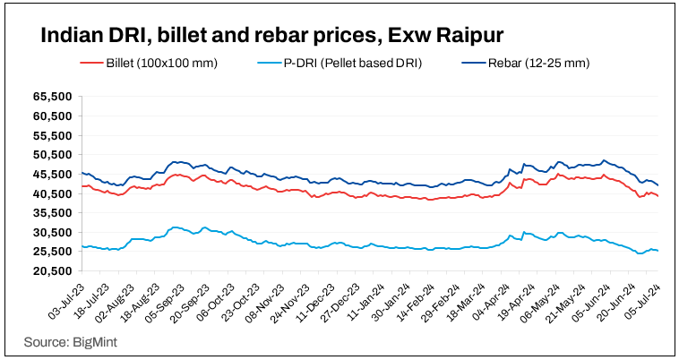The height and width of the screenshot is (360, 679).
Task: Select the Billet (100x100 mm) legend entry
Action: tap(162, 63)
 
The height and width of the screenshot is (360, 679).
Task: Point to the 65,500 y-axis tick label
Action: tap(51, 96)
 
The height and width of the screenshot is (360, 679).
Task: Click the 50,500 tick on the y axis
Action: tap(51, 155)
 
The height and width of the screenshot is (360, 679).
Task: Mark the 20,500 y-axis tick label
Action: tap(51, 271)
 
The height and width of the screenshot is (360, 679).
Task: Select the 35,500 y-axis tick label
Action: tap(51, 213)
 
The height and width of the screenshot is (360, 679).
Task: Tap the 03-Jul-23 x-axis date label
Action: tap(64, 301)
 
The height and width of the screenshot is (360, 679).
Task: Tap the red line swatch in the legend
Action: tap(91, 63)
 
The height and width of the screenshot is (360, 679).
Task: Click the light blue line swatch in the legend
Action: tap(268, 63)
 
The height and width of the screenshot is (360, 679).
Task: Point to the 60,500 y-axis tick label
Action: tap(51, 116)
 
